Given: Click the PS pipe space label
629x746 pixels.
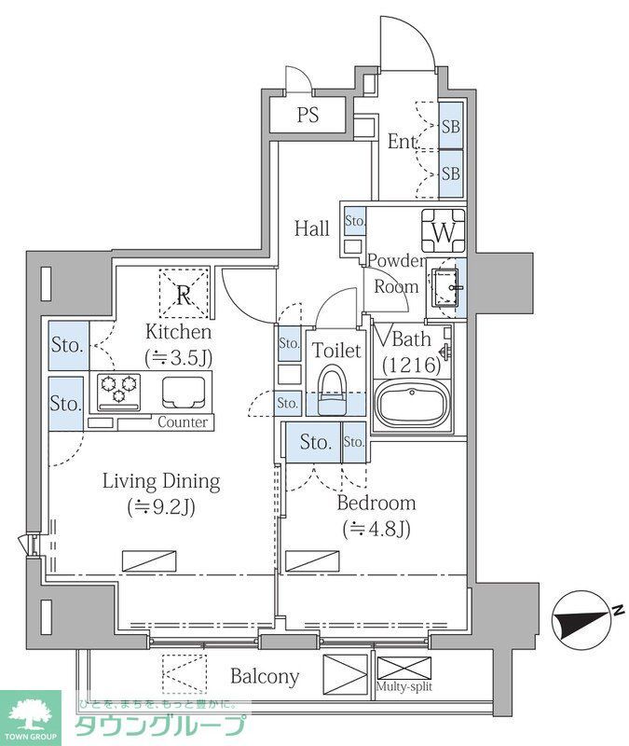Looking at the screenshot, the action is tap(308, 115).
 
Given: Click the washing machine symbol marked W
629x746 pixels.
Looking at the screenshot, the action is tap(444, 231).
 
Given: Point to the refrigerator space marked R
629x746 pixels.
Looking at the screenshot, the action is tap(184, 294).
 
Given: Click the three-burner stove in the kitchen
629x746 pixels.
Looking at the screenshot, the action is tap(119, 392).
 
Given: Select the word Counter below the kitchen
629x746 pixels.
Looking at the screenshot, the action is tap(183, 422).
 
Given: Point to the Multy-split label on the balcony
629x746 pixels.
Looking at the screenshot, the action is tap(404, 686).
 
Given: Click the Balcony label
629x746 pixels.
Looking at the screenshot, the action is tap(265, 676).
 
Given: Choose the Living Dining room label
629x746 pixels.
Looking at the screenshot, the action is tap(161, 481).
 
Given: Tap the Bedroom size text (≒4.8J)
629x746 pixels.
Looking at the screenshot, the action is tap(376, 528).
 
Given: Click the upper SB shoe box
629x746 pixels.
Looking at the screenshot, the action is tap(451, 126).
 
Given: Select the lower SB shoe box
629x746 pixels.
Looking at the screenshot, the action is tap(451, 173).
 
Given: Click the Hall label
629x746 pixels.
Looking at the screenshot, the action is tap(312, 228).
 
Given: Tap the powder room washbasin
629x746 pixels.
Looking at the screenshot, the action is tap(446, 287).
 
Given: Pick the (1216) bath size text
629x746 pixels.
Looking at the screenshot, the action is tap(412, 365).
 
